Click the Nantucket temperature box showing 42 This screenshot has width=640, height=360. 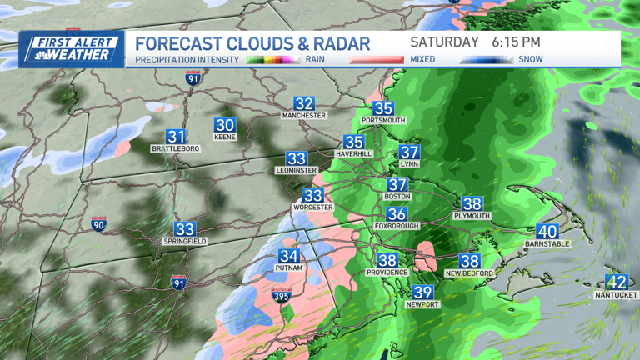tap(617, 282)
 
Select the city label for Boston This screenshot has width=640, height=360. tap(397, 197)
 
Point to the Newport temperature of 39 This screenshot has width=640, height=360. tap(422, 292)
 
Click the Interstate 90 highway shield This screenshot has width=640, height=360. tap(98, 224)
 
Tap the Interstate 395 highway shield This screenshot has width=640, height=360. tap(282, 296)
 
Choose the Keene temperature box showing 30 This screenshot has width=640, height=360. tap(225, 125)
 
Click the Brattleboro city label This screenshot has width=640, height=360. tap(176, 148)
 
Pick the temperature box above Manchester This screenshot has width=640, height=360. tap(303, 104)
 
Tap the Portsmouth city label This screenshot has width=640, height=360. tap(383, 121)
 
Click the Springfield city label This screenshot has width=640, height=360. tap(185, 241)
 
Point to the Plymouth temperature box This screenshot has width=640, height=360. tap(472, 204)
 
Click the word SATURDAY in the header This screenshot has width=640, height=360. tap(445, 42)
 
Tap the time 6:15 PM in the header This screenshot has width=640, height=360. tap(516, 42)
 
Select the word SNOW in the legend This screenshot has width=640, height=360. tap(530, 59)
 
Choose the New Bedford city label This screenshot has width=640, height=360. tap(469, 273)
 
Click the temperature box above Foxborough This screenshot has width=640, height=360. tap(397, 214)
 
